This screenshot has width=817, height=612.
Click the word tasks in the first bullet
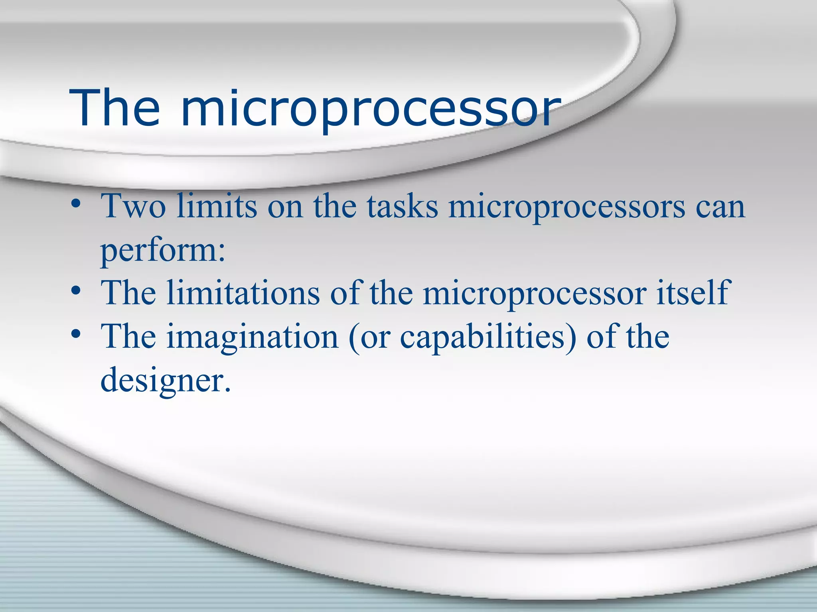(x=403, y=206)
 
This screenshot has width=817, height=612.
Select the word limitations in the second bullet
(x=243, y=293)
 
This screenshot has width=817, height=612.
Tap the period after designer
(x=227, y=390)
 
